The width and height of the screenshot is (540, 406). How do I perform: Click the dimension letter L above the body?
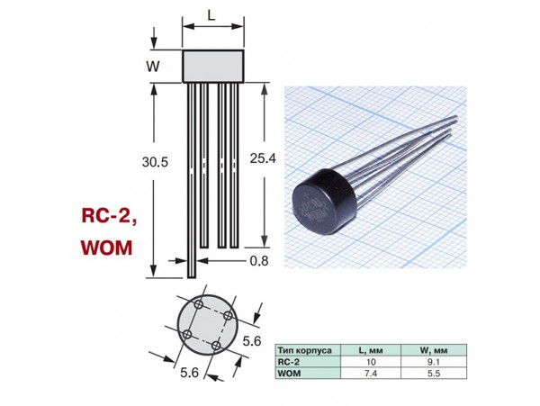tap(211, 16)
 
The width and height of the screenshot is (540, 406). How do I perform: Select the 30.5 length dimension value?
tap(156, 163)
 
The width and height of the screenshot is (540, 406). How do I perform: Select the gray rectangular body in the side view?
tap(213, 66)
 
